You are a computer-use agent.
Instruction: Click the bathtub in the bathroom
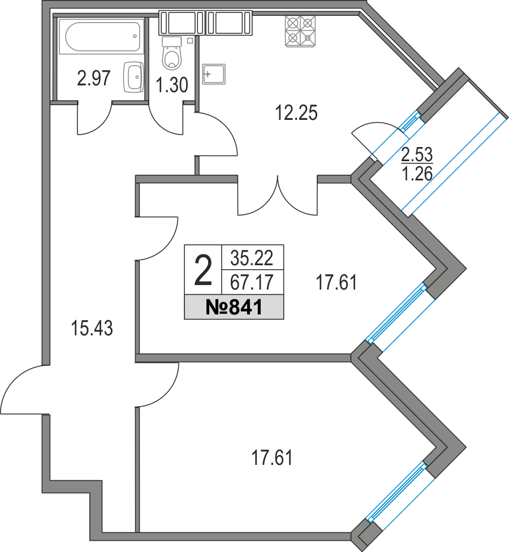click(x=101, y=37)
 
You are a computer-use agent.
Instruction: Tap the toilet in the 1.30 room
click(x=172, y=53)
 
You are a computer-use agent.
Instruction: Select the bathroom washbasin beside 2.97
click(x=133, y=77)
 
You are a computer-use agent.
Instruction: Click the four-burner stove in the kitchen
click(x=300, y=31)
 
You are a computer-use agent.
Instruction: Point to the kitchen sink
click(x=214, y=74)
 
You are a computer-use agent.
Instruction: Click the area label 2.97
click(x=94, y=78)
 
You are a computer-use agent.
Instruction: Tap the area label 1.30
click(x=172, y=85)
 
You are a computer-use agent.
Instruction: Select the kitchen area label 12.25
click(x=296, y=113)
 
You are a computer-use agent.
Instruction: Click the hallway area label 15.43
click(x=92, y=328)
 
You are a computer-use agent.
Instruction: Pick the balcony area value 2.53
click(x=417, y=154)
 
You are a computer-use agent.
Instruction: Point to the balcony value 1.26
click(x=417, y=174)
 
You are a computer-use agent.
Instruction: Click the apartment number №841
click(x=234, y=307)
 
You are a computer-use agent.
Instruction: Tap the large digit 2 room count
click(x=203, y=270)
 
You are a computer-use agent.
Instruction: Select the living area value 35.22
click(x=252, y=258)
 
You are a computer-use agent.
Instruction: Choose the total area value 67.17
click(x=252, y=282)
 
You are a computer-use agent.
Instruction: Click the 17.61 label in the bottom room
click(x=272, y=458)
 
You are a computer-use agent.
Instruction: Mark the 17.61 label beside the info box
click(x=337, y=283)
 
